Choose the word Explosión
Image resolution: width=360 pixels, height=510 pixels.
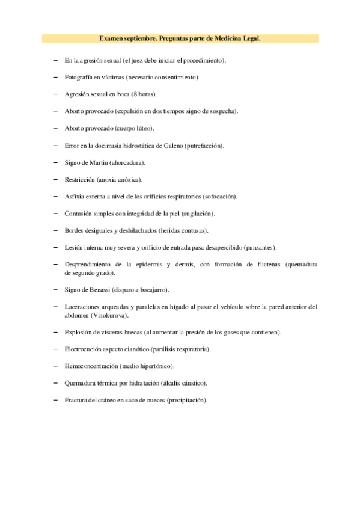pyautogui.click(x=78, y=332)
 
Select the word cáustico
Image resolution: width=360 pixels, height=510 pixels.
pyautogui.click(x=194, y=383)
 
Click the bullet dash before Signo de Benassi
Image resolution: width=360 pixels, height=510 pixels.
pyautogui.click(x=55, y=290)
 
